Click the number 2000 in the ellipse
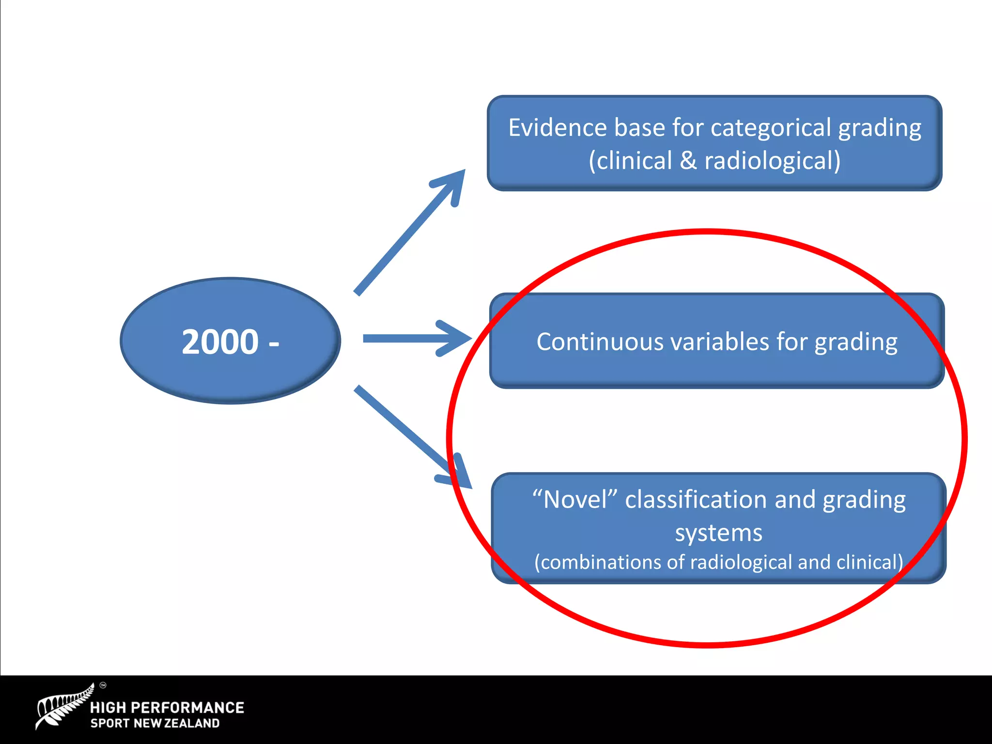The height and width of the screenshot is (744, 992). (x=220, y=342)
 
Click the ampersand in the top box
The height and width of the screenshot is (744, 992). (x=688, y=161)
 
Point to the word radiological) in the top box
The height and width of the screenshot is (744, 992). (x=773, y=161)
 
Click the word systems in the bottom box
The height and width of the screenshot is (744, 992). (x=719, y=533)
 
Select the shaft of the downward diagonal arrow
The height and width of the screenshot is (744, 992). (x=402, y=426)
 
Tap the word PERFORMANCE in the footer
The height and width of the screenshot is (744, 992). (x=187, y=708)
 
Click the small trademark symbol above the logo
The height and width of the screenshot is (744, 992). (x=103, y=685)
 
